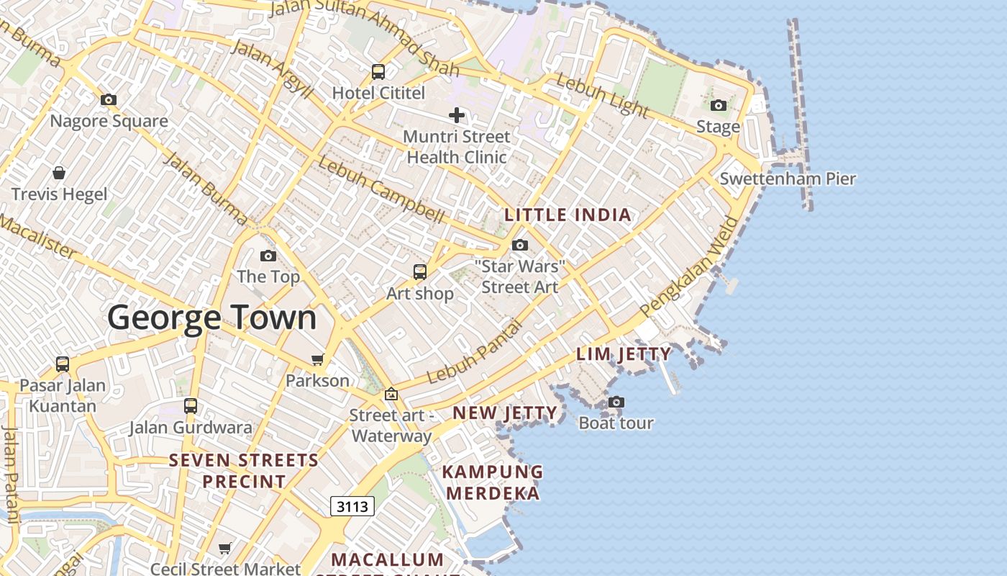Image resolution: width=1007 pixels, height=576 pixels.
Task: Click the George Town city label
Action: click(212, 318)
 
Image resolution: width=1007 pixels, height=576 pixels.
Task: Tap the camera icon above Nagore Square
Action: click(109, 100)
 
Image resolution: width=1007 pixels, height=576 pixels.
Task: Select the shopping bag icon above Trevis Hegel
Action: click(59, 173)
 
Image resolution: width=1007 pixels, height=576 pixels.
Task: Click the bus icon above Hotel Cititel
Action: click(378, 72)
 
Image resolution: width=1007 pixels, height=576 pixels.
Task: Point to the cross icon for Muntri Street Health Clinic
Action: click(457, 115)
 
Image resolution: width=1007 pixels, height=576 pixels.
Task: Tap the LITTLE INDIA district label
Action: click(568, 215)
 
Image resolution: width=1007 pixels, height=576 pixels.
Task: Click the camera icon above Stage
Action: click(718, 106)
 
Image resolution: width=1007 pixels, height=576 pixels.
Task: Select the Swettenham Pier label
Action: click(788, 179)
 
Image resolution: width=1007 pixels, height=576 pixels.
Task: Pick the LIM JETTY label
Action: click(624, 354)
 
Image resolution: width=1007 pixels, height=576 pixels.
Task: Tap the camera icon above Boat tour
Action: click(616, 402)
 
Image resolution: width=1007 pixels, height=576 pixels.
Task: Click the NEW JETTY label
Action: click(504, 413)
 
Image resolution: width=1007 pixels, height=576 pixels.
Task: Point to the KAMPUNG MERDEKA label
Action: click(493, 482)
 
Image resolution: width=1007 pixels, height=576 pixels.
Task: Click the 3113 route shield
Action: click(352, 506)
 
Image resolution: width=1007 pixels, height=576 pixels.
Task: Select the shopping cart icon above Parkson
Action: click(317, 359)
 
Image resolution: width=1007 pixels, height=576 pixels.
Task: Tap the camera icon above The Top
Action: click(268, 256)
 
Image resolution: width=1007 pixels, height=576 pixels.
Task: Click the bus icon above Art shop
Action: click(420, 272)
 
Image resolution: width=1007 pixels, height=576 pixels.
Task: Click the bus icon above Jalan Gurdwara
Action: click(191, 406)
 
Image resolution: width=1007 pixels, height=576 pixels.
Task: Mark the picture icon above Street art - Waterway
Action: click(391, 394)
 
